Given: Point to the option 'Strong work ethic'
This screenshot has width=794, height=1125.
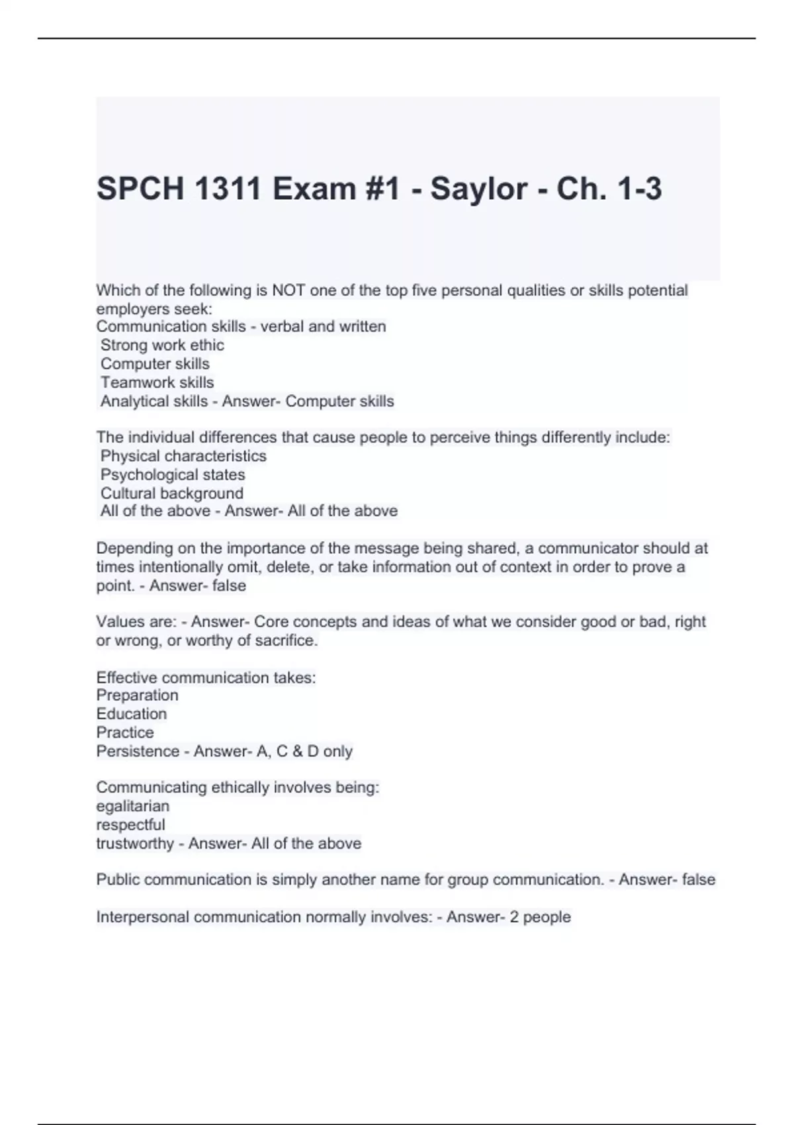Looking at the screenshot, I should (x=162, y=345).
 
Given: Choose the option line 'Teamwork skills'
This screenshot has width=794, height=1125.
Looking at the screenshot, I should (x=157, y=382).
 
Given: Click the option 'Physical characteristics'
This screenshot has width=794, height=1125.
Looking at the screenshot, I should (x=183, y=456).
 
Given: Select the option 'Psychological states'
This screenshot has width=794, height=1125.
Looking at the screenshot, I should (x=173, y=474).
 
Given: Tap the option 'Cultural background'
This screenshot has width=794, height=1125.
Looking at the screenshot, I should (x=172, y=493).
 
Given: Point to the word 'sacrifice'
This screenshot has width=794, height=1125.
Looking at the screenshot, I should (x=285, y=641).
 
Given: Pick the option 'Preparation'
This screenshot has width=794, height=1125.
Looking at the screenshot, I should (x=137, y=696).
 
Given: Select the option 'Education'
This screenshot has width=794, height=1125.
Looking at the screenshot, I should (x=132, y=714).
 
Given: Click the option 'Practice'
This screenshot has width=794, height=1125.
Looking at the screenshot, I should (x=125, y=733).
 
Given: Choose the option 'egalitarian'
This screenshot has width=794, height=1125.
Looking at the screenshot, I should (x=133, y=806).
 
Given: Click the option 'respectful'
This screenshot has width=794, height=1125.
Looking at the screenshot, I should (x=131, y=825).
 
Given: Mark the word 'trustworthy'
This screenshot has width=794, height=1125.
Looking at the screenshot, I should (x=135, y=844).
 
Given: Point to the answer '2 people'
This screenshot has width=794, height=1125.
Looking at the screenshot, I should (x=540, y=917).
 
